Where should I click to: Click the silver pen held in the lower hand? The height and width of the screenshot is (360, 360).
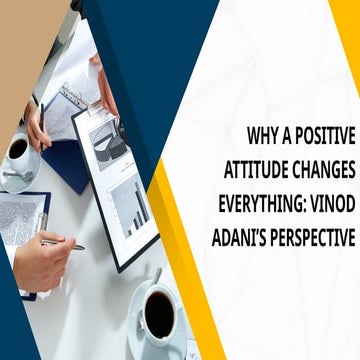(65, 243)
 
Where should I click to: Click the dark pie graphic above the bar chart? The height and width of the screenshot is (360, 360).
(107, 143)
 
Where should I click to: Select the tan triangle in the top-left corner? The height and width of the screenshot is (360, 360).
(22, 40)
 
